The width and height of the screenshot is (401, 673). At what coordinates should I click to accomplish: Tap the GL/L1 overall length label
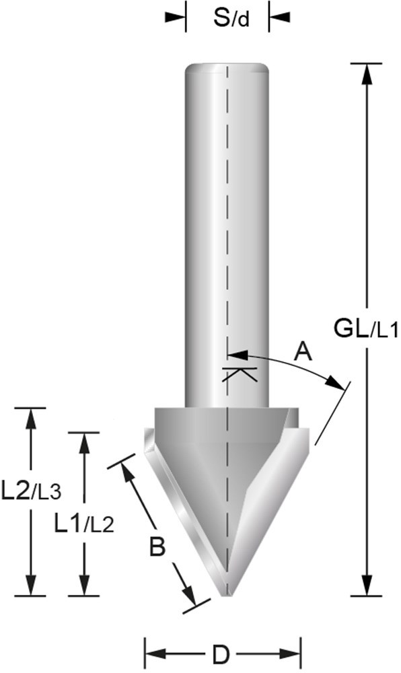(x=366, y=330)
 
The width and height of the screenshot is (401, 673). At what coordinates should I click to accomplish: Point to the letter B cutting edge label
(x=156, y=548)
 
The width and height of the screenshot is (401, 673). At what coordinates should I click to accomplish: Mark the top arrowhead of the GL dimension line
(x=367, y=73)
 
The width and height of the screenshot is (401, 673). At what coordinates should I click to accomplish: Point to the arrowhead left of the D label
(x=154, y=653)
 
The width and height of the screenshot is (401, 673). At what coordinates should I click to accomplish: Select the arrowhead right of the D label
(x=290, y=653)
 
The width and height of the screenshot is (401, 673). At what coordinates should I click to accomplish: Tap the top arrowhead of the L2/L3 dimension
(x=30, y=417)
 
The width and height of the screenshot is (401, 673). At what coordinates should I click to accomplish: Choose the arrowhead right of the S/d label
(x=278, y=17)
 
